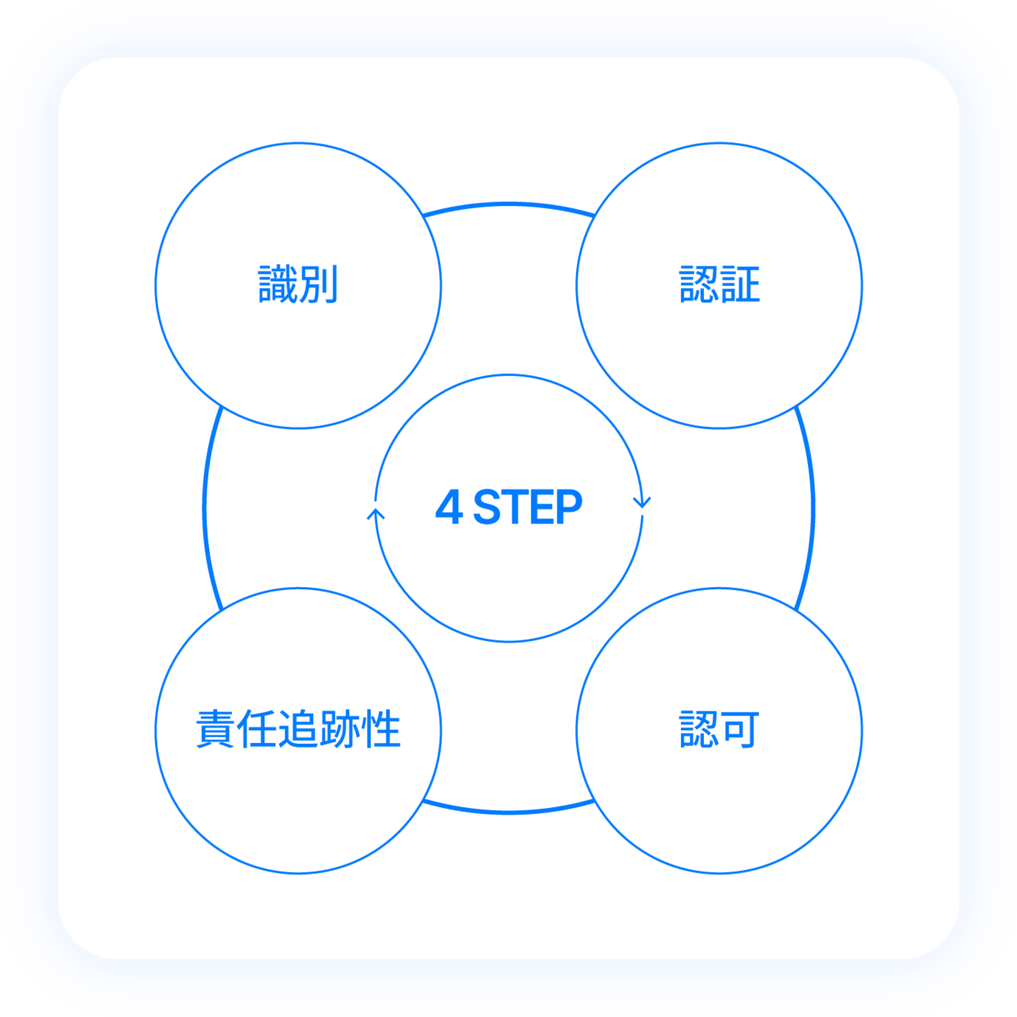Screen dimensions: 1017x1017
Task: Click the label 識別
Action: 298,284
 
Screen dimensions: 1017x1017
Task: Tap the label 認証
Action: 719,284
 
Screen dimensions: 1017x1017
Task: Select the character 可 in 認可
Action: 741,729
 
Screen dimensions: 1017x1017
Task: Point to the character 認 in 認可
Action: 699,729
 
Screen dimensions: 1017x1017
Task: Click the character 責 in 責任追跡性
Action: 215,729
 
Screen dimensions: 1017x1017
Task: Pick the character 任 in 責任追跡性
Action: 257,729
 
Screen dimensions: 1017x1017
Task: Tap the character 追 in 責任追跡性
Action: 298,729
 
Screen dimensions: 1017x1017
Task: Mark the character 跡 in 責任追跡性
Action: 339,729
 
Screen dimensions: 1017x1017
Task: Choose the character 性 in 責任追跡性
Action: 381,729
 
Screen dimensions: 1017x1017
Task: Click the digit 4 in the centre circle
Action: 449,507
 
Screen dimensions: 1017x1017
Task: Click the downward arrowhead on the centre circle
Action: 642,502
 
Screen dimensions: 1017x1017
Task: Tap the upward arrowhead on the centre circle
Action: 376,514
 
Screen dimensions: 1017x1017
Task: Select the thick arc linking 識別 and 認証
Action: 508,204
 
